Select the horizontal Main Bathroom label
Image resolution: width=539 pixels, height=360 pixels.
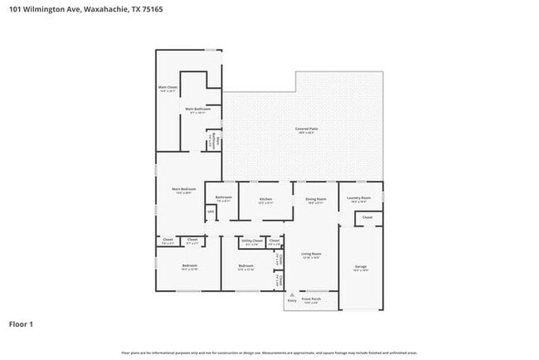pyautogui.click(x=197, y=109)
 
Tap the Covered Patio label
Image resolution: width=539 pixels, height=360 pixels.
pyautogui.click(x=307, y=129)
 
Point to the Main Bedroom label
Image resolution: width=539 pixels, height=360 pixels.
pyautogui.click(x=182, y=189)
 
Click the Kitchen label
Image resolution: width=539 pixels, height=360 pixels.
pyautogui.click(x=265, y=199)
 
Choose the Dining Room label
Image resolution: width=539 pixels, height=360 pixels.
pyautogui.click(x=316, y=199)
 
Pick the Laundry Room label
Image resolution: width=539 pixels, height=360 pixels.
pyautogui.click(x=359, y=198)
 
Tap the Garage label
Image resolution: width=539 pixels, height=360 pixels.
pyautogui.click(x=361, y=267)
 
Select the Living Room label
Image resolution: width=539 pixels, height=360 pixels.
pyautogui.click(x=311, y=254)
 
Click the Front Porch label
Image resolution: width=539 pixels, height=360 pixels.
pyautogui.click(x=311, y=299)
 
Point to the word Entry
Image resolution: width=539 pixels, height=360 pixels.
pyautogui.click(x=291, y=301)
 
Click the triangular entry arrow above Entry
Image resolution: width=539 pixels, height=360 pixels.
pyautogui.click(x=291, y=294)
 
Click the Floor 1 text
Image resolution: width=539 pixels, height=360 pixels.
pyautogui.click(x=21, y=324)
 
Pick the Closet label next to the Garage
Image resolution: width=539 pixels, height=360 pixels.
pyautogui.click(x=367, y=217)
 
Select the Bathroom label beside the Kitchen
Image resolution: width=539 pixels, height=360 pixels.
pyautogui.click(x=224, y=197)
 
